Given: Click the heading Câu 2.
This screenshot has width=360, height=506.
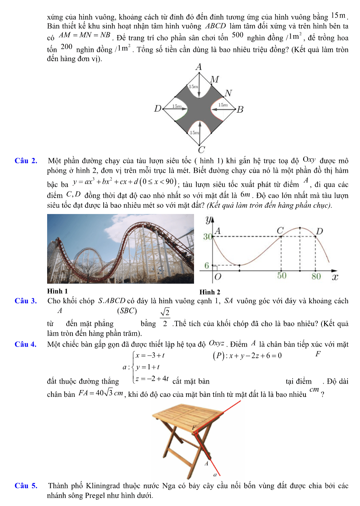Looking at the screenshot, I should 26,161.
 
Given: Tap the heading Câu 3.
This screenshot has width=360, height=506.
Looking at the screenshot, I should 26,301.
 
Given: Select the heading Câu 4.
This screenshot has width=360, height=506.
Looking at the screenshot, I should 26,344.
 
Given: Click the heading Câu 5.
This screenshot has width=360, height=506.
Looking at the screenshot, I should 26,486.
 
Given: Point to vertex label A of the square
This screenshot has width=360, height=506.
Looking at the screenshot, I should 199,67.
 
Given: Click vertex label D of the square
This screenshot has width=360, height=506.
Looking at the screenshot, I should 157,108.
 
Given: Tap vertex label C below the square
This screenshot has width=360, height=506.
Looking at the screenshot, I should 201,150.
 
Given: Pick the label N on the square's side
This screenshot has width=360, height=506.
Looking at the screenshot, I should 228,93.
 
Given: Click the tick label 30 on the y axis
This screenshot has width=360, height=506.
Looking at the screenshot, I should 208,237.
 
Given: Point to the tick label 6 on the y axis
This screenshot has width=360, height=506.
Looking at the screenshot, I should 208,266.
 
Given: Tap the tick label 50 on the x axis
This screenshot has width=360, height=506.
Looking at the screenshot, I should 282,276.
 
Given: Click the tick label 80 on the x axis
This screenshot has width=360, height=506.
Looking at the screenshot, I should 316,276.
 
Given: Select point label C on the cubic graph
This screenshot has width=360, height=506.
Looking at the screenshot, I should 280,231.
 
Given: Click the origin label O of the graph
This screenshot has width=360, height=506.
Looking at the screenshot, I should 218,276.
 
